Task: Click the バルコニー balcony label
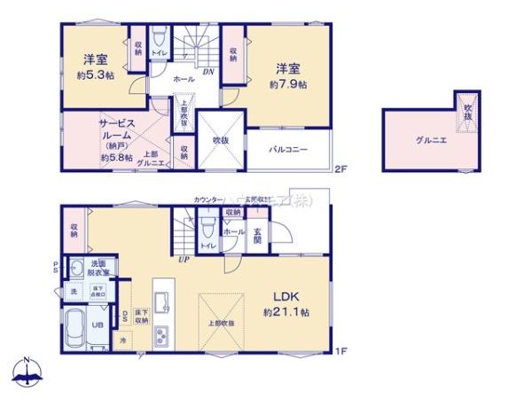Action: (x=288, y=150)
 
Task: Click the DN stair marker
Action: (x=206, y=72)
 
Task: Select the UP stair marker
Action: (x=184, y=259)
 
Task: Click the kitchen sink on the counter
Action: (x=162, y=299)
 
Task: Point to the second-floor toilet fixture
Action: (x=160, y=39)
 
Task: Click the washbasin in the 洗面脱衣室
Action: (x=76, y=266)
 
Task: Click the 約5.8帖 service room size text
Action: (x=117, y=157)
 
